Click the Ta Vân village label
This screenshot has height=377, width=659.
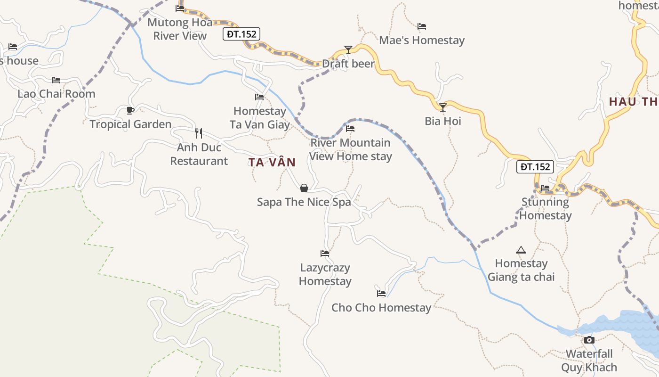click(272, 163)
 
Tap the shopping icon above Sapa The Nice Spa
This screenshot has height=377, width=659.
click(304, 188)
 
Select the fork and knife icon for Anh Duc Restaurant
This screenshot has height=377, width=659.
click(199, 133)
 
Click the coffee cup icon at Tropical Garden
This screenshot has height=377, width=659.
click(130, 110)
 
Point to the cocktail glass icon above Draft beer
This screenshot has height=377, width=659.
click(348, 49)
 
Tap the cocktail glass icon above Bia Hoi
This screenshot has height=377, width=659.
click(442, 107)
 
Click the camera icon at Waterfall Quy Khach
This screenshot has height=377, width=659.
click(589, 340)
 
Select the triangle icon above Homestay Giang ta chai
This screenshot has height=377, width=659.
click(521, 249)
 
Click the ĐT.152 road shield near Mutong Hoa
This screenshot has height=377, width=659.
click(241, 34)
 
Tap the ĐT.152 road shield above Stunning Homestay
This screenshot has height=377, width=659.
click(535, 166)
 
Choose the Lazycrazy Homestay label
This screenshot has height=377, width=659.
click(325, 274)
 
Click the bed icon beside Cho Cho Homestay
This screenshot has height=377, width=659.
click(381, 293)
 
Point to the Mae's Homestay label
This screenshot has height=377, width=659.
click(422, 41)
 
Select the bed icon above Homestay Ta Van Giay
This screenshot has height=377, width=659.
click(259, 97)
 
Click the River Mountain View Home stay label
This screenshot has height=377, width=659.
click(351, 149)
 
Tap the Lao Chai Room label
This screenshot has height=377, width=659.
click(56, 94)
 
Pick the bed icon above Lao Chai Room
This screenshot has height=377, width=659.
click(56, 80)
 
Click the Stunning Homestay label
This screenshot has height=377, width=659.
click(546, 209)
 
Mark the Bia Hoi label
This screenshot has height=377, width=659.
click(443, 121)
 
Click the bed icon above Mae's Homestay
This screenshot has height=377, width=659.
click(422, 26)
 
